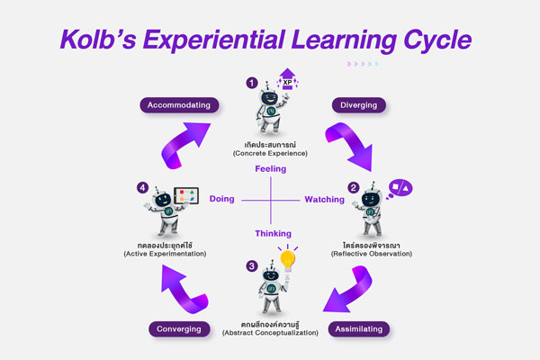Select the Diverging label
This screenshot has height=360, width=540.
click(358, 104)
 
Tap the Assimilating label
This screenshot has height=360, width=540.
click(358, 328)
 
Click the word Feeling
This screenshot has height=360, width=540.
click(270, 168)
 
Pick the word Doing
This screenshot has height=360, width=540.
click(222, 199)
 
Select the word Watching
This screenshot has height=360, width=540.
click(323, 199)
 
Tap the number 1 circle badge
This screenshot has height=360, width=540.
click(252, 82)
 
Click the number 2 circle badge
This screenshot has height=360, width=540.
click(354, 187)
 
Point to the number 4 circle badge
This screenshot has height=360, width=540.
click(142, 187)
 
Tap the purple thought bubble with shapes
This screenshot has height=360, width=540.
click(399, 187)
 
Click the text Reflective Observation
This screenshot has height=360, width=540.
click(371, 254)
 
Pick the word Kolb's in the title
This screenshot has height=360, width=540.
click(108, 40)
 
